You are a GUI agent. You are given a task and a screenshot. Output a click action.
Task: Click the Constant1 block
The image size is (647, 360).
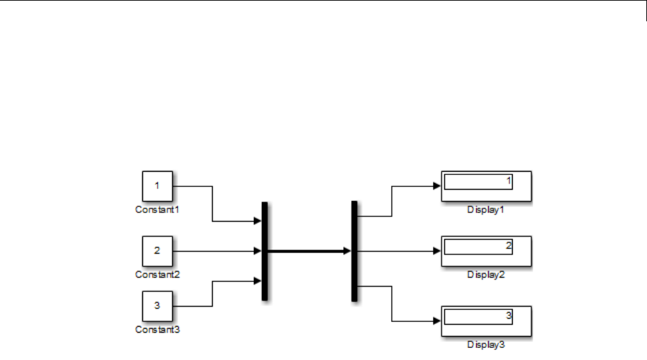157,186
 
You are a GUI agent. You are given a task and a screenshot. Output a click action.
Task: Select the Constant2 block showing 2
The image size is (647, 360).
157,251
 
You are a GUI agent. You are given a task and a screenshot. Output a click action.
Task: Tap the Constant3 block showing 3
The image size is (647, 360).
157,306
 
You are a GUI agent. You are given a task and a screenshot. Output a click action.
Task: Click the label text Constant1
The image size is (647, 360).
158,209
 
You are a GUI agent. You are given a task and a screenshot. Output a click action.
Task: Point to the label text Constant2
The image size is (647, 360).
158,274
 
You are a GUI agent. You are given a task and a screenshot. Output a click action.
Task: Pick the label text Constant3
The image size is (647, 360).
158,329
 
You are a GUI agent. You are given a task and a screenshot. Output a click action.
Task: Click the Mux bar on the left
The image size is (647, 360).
265,251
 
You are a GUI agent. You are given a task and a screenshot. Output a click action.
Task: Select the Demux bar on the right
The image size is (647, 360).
354,251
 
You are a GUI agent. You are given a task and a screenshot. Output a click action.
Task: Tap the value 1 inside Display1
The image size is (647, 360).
509,181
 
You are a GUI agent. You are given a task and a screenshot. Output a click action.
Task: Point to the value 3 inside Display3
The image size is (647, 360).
509,315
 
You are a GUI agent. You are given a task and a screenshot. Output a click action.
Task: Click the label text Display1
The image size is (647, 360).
486,209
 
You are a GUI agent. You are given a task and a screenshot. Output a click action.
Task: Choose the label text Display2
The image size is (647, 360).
486,274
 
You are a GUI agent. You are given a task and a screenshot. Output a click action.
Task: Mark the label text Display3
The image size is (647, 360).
486,344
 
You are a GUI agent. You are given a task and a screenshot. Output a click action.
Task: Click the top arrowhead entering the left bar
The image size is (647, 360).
257,221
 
